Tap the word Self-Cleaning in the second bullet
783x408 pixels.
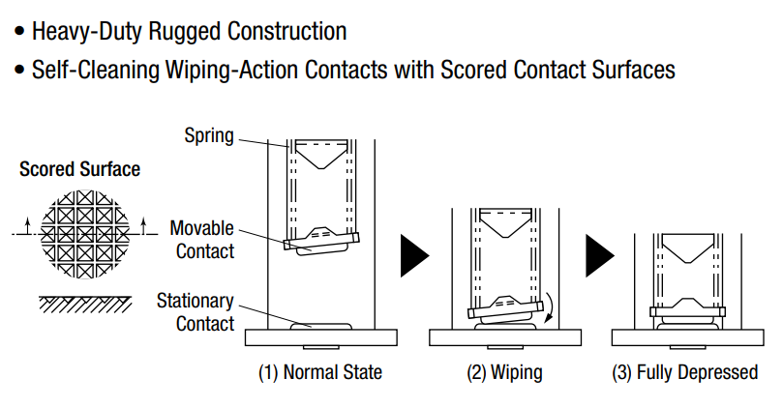(x=96, y=70)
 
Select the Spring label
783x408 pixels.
(x=209, y=136)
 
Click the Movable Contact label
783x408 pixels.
(x=202, y=240)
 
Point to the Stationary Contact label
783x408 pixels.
(x=196, y=312)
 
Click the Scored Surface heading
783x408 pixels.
(x=80, y=169)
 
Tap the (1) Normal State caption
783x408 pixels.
(x=320, y=372)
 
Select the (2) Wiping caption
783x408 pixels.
(x=504, y=372)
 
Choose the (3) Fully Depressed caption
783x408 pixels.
(x=685, y=372)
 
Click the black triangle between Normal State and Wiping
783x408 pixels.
(x=413, y=256)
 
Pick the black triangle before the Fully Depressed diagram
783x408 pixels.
(x=599, y=256)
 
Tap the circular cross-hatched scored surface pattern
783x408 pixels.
(x=85, y=234)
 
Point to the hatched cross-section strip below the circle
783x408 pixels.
(x=85, y=305)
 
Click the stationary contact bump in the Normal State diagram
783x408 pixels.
(x=321, y=326)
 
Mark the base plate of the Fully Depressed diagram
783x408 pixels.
(x=687, y=337)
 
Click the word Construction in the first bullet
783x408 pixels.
(x=287, y=32)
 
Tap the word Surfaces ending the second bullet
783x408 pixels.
(x=634, y=70)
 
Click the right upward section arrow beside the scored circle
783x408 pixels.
(x=144, y=226)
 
